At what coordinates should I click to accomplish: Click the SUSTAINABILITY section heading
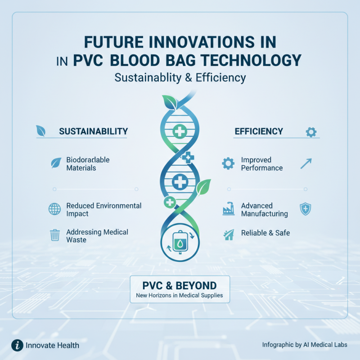(94, 131)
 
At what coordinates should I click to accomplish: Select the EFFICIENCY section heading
(259, 131)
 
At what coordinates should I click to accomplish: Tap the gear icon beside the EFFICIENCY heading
(311, 132)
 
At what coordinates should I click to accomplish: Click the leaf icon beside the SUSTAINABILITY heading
(40, 131)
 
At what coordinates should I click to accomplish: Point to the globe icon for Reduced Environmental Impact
(54, 209)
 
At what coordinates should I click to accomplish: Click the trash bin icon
(54, 235)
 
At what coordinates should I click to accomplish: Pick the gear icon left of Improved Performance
(229, 163)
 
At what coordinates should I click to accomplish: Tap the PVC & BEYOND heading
(180, 285)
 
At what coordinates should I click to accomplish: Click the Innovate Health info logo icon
(17, 345)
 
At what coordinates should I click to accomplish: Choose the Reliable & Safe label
(265, 233)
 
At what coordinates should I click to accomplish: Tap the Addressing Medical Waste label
(97, 236)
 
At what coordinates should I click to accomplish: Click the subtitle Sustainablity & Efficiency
(180, 77)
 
